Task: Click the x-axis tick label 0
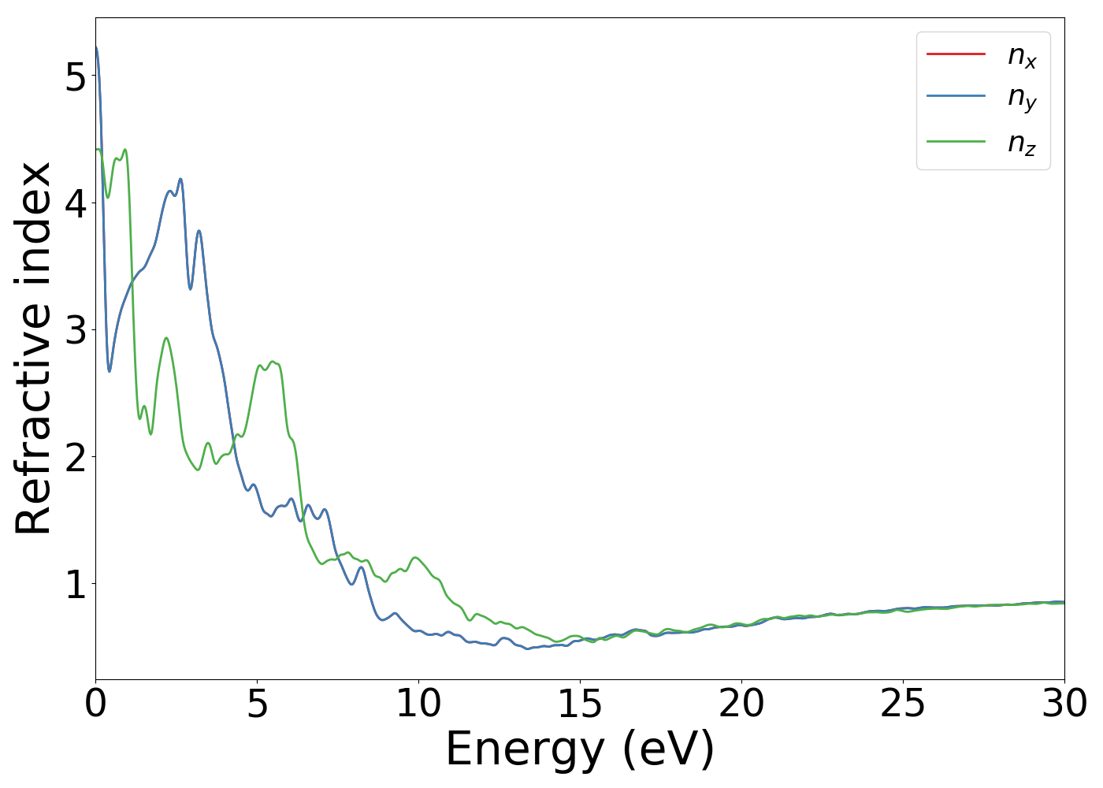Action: [x=95, y=704]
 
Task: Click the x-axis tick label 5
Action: [x=258, y=704]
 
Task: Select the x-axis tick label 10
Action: [x=418, y=704]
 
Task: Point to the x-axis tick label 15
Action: [x=580, y=704]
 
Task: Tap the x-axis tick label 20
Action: [x=741, y=704]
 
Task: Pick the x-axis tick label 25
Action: [x=903, y=704]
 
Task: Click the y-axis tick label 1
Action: [x=75, y=584]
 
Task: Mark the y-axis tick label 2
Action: [x=75, y=457]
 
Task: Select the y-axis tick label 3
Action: [x=75, y=330]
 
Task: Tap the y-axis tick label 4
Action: [x=75, y=203]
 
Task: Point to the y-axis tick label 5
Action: [x=75, y=76]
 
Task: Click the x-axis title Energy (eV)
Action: [x=580, y=749]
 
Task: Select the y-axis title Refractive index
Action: [x=33, y=348]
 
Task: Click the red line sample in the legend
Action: [x=956, y=54]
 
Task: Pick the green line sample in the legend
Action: [x=956, y=142]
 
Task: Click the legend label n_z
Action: [x=1022, y=144]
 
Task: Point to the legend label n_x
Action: [x=1022, y=56]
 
